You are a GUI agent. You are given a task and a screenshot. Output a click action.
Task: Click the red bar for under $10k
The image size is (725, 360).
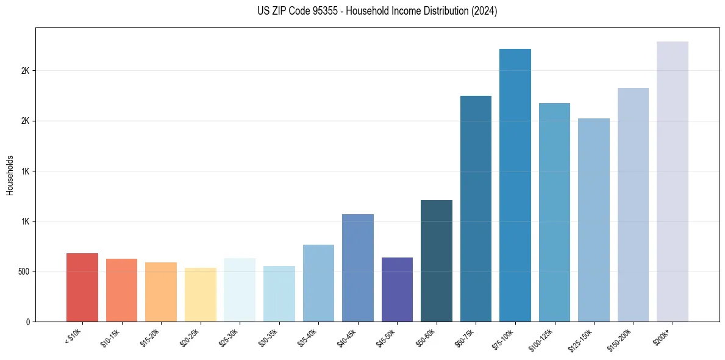pos(82,287)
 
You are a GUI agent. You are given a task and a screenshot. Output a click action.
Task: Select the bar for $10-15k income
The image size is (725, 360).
pos(121,290)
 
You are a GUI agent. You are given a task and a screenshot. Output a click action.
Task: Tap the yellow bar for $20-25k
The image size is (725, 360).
pos(200,295)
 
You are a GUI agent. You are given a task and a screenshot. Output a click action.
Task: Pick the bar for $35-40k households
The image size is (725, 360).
pos(318,283)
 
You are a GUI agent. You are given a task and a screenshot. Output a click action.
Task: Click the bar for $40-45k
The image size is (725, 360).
pos(358,268)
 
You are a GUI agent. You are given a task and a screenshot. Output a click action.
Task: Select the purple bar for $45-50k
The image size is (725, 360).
pos(397,289)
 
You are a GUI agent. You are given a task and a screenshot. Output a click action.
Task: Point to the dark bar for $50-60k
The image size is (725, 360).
pos(437,261)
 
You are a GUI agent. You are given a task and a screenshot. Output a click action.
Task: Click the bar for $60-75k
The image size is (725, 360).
pos(476,209)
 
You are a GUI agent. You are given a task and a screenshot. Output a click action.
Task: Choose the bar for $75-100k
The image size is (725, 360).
pos(515,185)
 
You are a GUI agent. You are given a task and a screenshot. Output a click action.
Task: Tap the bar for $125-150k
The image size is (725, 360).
pos(594,220)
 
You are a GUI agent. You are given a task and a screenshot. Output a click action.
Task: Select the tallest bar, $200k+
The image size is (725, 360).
pos(673,181)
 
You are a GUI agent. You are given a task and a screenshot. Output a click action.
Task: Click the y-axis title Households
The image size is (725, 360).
pos(10,175)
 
